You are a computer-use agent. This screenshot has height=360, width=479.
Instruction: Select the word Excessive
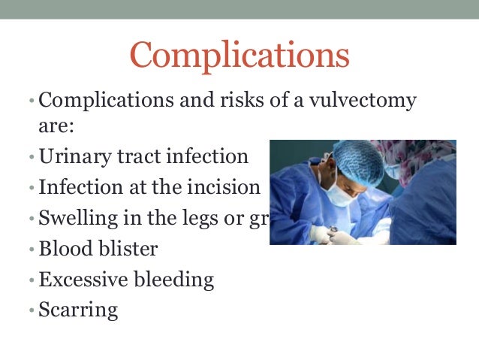coord(83,280)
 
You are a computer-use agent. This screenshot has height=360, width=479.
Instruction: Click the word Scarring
coord(78,310)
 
